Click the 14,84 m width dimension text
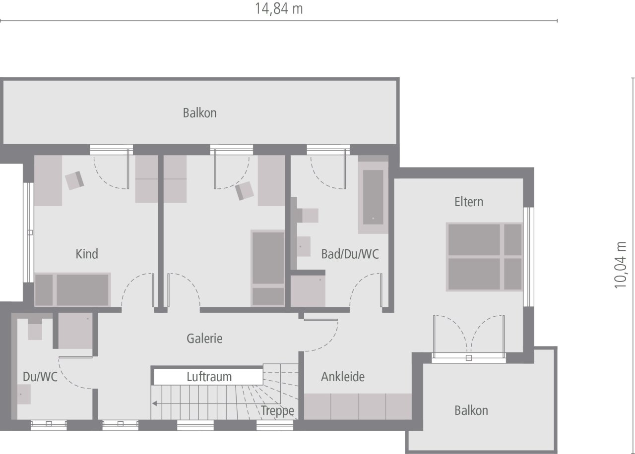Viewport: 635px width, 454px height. point(279,9)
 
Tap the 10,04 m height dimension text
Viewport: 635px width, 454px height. point(621,265)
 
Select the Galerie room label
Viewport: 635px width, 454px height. point(204,339)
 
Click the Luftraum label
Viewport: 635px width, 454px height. point(209,377)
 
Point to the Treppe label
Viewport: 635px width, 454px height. point(277,411)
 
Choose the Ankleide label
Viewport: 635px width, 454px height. point(342,377)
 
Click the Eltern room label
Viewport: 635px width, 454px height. point(468,202)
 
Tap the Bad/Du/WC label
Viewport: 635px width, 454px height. point(350,254)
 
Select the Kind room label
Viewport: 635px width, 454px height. point(87,254)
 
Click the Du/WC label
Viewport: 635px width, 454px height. point(40,377)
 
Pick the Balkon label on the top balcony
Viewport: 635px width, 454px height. point(199,113)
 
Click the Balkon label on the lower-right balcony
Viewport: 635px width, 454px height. point(471,410)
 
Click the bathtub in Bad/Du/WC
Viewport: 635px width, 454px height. point(373,196)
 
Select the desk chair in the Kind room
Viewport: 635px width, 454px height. point(75,180)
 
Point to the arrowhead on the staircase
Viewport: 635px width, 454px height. point(155,403)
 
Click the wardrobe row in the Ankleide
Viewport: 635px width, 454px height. point(358,406)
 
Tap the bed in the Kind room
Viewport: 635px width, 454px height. point(72,289)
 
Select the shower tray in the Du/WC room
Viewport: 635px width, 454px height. point(75,331)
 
